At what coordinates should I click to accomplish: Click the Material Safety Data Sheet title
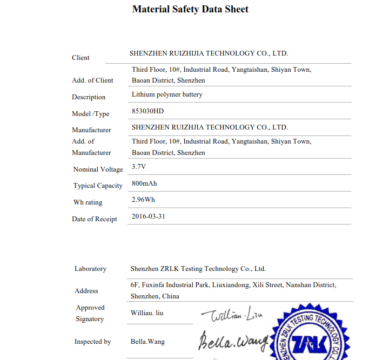(190, 9)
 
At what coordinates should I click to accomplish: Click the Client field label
(81, 58)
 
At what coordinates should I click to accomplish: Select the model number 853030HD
(147, 111)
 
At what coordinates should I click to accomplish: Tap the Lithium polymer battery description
(167, 94)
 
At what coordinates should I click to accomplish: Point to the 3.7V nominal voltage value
(139, 167)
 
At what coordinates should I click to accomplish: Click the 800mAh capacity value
(144, 184)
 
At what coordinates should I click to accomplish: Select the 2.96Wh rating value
(143, 200)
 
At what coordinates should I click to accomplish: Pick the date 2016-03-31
(148, 216)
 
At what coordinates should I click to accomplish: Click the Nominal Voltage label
(98, 169)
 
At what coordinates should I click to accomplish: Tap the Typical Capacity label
(98, 186)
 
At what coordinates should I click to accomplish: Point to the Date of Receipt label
(95, 219)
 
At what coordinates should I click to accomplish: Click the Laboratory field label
(90, 269)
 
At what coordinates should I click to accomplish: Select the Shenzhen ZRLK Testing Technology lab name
(198, 269)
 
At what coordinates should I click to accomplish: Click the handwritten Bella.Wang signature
(233, 340)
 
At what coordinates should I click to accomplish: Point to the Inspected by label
(93, 342)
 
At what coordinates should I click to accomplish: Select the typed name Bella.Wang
(147, 342)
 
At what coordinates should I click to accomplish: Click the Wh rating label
(88, 202)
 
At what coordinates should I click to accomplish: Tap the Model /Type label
(90, 114)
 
